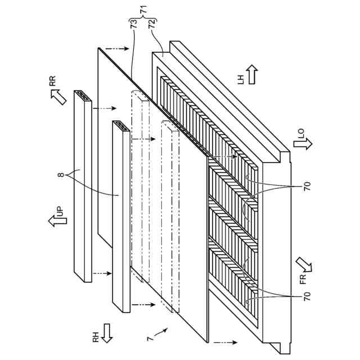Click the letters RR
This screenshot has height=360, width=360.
[52, 80]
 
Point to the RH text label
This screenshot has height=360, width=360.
[95, 337]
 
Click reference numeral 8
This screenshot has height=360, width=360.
[61, 176]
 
